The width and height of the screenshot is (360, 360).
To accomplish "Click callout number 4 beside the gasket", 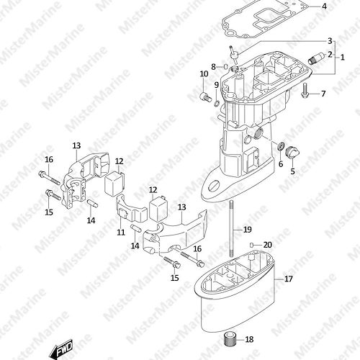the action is [324, 6].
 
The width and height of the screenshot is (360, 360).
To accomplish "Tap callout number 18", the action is [249, 339].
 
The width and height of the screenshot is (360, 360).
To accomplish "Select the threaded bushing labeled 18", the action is [229, 339].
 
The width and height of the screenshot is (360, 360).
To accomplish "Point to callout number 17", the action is [289, 279].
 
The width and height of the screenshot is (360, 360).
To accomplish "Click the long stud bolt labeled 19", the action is [232, 229].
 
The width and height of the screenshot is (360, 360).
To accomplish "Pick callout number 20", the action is [268, 245].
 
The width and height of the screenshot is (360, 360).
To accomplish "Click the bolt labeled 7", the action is [305, 91].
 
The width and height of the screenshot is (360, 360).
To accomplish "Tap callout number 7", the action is [323, 94].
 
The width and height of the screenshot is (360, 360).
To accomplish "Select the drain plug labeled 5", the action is [292, 153].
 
